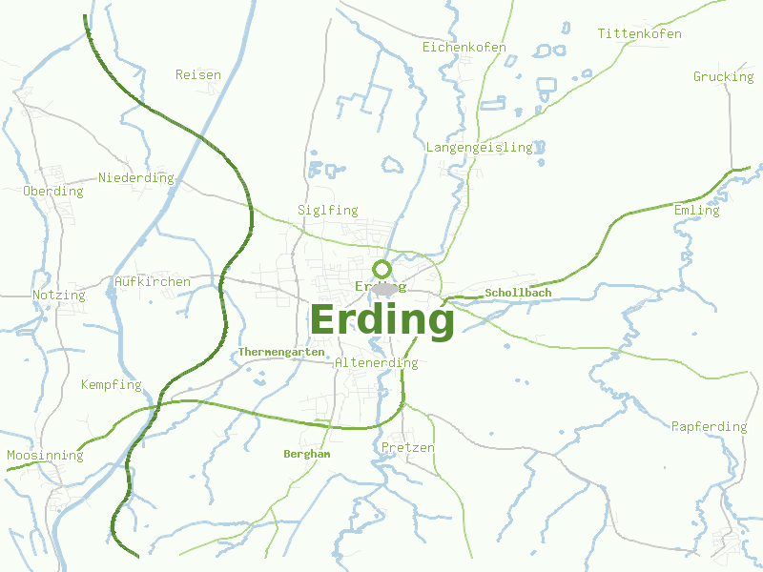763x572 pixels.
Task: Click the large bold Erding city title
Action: click(381, 320)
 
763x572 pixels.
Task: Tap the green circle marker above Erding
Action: click(381, 269)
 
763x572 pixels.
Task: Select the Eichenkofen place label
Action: click(464, 47)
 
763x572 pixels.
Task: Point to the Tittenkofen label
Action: click(640, 34)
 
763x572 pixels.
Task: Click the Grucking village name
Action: click(723, 76)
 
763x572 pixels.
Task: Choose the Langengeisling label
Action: click(479, 148)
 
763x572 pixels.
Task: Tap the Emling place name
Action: click(696, 210)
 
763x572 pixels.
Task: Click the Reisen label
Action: click(198, 74)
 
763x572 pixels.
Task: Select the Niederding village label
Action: click(136, 178)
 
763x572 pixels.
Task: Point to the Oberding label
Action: click(53, 192)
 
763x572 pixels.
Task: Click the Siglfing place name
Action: click(327, 210)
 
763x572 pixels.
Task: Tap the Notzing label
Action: click(58, 296)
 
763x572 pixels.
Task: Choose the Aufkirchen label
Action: click(152, 282)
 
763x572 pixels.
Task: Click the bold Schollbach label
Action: click(518, 293)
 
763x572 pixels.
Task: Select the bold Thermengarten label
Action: click(281, 352)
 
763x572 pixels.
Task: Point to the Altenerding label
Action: click(377, 363)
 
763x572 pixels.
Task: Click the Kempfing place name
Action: click(111, 385)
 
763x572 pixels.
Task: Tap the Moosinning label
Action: click(45, 456)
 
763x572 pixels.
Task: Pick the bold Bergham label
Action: click(307, 455)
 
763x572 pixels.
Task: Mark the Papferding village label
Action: click(709, 426)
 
